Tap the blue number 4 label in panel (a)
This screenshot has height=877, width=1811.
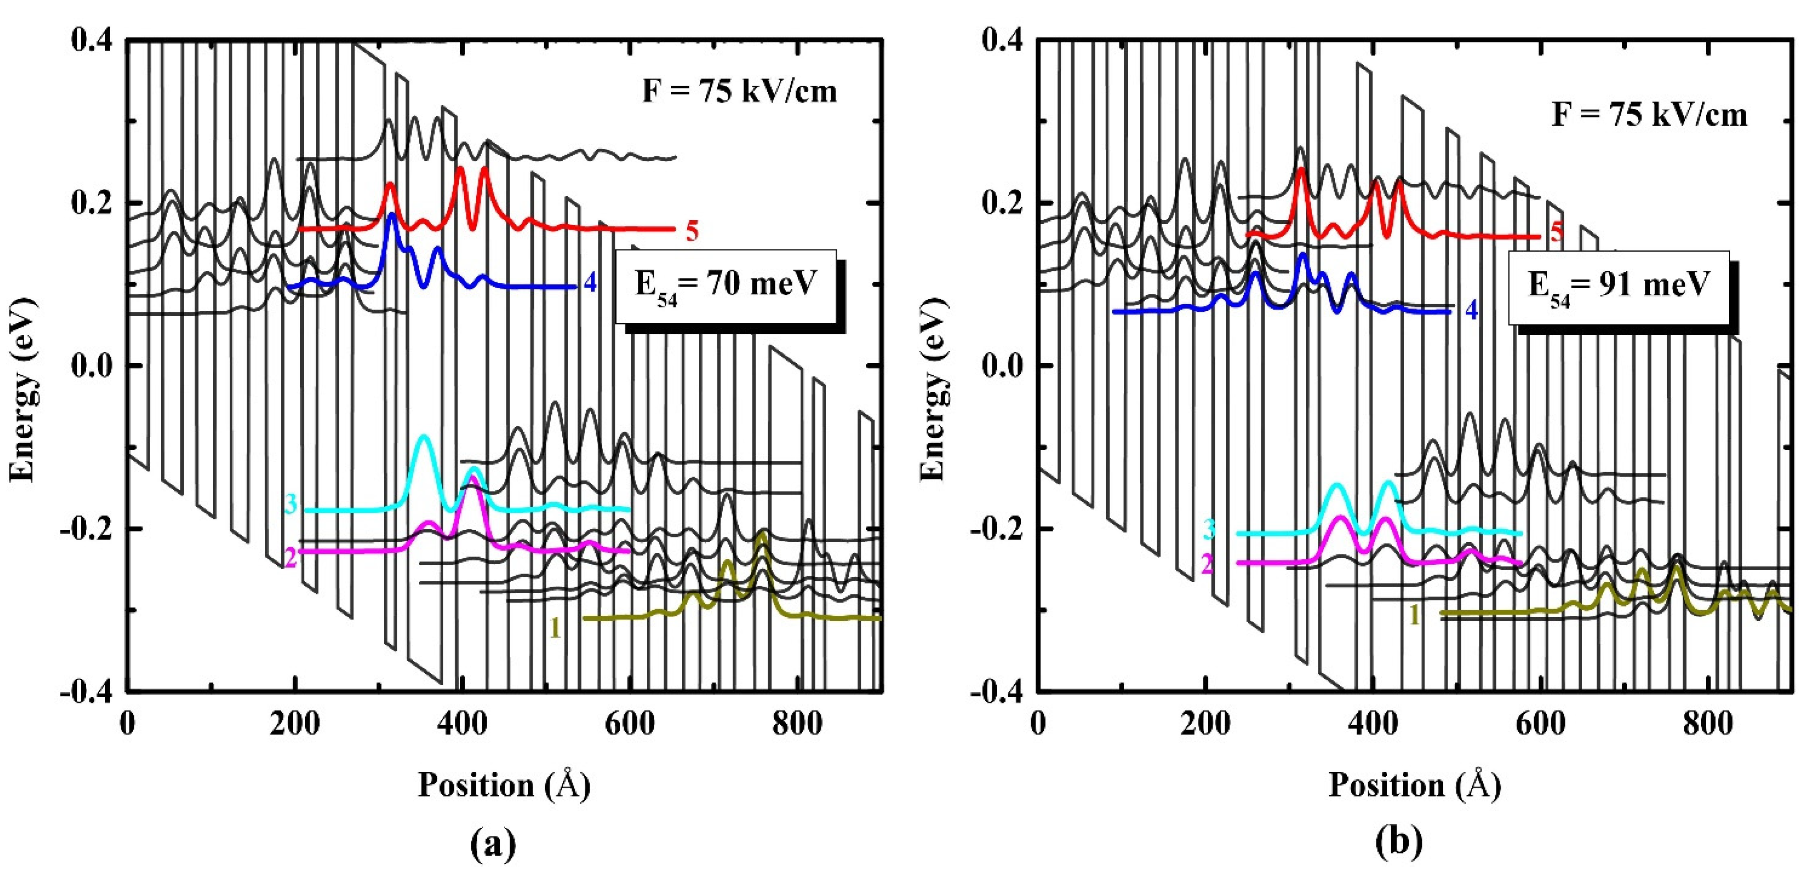[590, 283]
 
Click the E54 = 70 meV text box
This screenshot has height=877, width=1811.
[726, 286]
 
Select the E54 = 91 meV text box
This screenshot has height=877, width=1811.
[1618, 287]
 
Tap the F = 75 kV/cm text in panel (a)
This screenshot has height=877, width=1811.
[740, 91]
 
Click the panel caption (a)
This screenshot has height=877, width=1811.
[492, 841]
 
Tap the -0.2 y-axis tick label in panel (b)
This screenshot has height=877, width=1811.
[998, 528]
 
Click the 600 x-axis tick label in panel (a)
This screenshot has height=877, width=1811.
[629, 724]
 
